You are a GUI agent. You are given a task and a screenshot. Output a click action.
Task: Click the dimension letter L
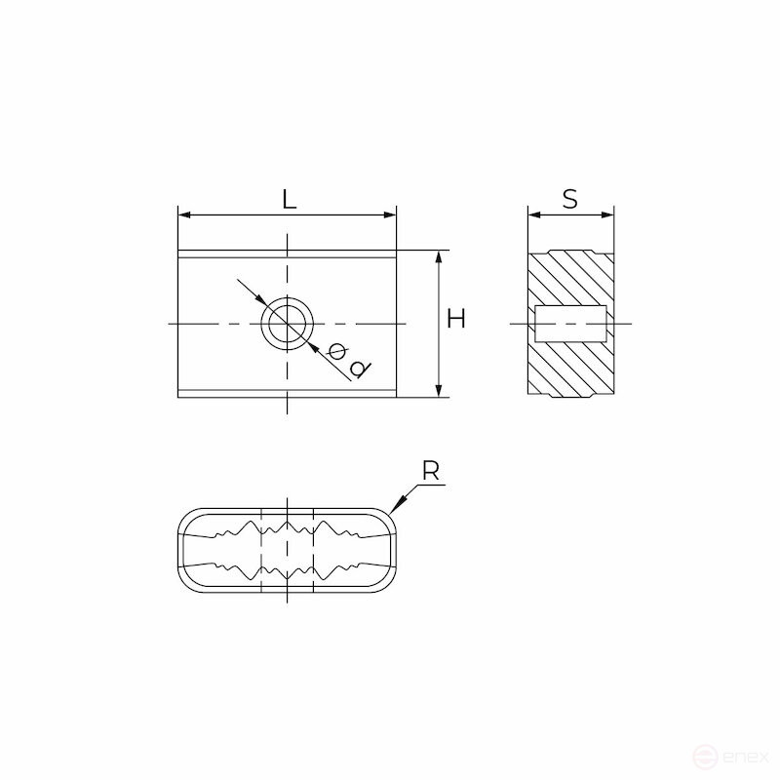click(x=289, y=199)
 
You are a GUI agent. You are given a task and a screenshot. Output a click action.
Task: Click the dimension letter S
click(x=570, y=199)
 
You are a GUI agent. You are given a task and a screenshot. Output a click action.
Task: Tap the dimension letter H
click(x=455, y=319)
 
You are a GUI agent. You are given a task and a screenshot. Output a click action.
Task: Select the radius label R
click(x=431, y=471)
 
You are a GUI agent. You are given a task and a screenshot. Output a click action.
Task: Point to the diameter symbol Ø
click(x=337, y=352)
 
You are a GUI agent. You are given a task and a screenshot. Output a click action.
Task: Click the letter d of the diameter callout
click(x=359, y=370)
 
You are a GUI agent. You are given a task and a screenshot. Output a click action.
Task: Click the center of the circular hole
click(x=288, y=324)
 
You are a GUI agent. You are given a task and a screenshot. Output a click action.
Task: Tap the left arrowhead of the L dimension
click(x=184, y=214)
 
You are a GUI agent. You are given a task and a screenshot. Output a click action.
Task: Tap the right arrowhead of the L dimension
click(x=389, y=214)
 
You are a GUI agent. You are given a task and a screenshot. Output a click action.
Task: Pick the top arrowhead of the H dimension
click(x=438, y=256)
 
